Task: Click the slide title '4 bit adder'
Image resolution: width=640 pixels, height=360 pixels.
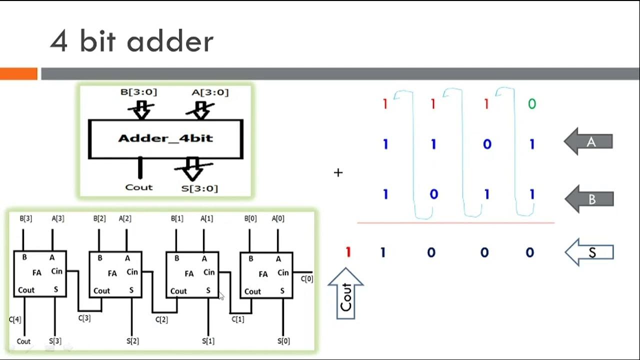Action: [131, 41]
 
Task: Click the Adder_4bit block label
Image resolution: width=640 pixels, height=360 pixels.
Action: [165, 138]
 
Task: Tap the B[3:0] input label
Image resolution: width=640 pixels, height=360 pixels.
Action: [139, 92]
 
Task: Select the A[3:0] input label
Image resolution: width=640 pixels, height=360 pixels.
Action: [210, 92]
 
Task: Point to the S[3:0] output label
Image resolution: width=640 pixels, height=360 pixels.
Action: [199, 188]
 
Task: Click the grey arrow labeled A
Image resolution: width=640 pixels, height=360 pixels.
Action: [589, 142]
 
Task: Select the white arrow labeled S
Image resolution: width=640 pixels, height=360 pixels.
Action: [589, 252]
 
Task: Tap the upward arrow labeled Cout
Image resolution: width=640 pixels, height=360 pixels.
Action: [346, 294]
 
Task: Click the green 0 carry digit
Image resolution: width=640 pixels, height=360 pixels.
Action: [531, 104]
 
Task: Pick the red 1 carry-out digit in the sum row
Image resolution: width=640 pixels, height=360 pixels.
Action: [348, 252]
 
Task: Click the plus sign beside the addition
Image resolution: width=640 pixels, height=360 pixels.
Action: [338, 172]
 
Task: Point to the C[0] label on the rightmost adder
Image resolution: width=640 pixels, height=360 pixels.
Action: [307, 279]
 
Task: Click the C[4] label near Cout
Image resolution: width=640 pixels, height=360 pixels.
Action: [15, 319]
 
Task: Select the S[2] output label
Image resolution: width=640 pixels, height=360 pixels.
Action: [132, 341]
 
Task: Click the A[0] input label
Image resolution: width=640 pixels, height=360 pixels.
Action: [278, 218]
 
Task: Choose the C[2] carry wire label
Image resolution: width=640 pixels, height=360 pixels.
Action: [161, 319]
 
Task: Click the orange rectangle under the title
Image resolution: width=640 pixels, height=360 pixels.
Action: [18, 74]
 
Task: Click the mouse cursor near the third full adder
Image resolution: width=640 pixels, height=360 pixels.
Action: [221, 296]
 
